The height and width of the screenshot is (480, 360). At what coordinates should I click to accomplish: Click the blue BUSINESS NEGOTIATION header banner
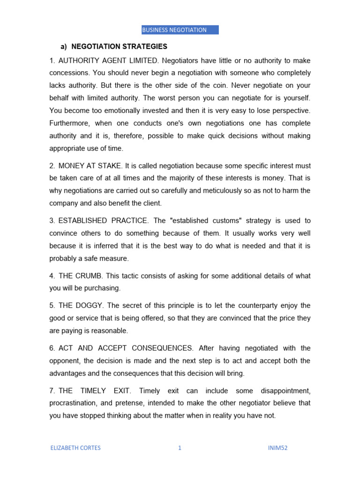coord(180,30)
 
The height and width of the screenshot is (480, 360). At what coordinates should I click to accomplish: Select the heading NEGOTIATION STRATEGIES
coord(119,47)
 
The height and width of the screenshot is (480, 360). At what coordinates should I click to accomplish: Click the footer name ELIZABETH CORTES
coord(75,448)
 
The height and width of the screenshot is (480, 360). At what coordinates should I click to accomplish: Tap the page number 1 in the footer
coord(180,448)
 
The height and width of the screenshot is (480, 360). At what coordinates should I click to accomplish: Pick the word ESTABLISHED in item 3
coord(83,221)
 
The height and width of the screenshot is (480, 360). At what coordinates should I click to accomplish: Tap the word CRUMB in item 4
coord(89,276)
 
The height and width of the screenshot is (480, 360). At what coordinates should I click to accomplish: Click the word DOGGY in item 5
coord(89,306)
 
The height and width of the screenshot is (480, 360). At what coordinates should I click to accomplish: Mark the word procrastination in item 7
coord(73,403)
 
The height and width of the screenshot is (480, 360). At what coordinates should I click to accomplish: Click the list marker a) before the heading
coord(64,47)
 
